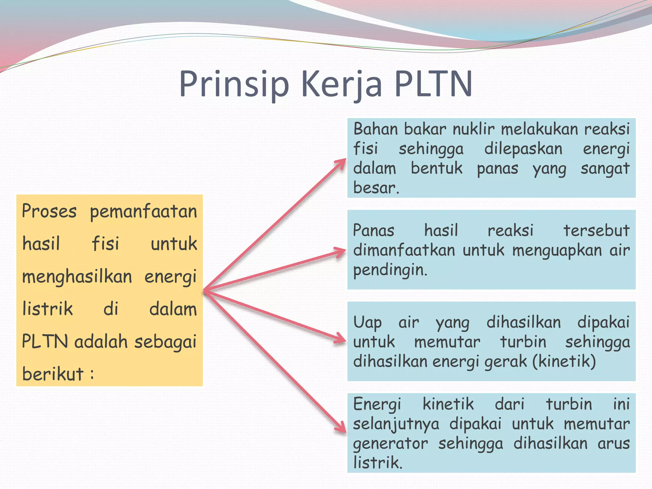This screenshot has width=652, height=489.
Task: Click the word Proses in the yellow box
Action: coord(49,211)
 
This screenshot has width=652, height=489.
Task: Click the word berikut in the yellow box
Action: coord(53,374)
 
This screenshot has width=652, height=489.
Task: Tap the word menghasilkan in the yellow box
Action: coord(77,276)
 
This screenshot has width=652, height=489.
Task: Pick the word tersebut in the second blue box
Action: coord(596,230)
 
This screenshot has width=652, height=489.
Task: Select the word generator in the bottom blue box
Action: coord(390,443)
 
